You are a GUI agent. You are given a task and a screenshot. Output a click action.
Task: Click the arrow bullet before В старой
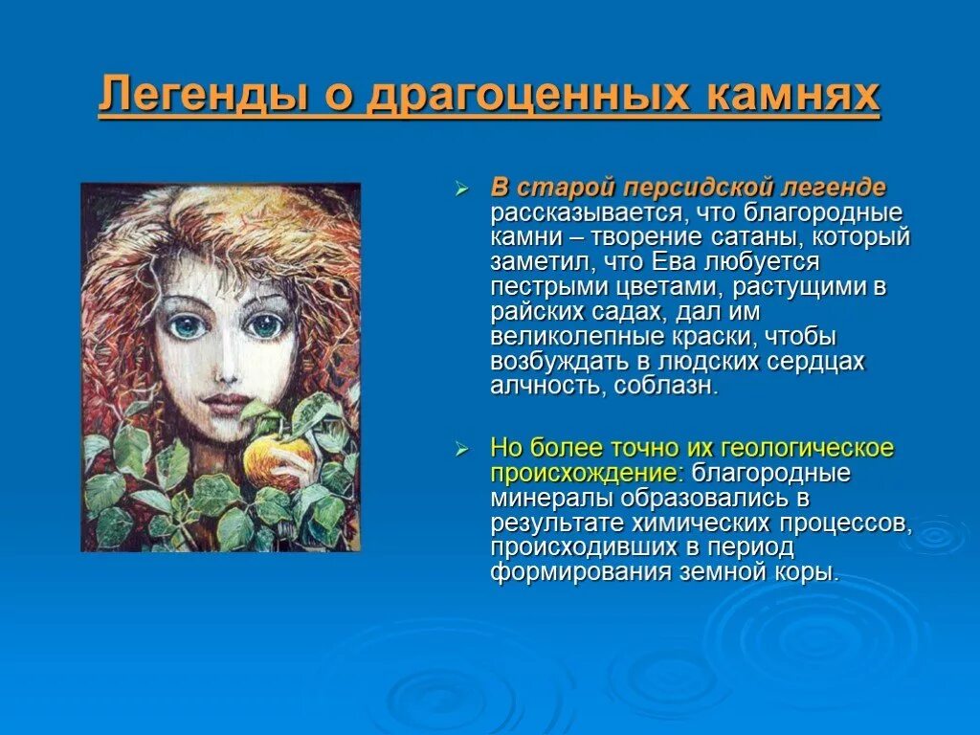(x=460, y=189)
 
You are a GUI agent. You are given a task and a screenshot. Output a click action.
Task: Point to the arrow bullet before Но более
(x=460, y=449)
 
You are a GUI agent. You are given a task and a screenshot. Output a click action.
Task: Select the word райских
(x=535, y=312)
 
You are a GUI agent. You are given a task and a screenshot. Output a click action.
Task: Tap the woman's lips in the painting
(x=221, y=399)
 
